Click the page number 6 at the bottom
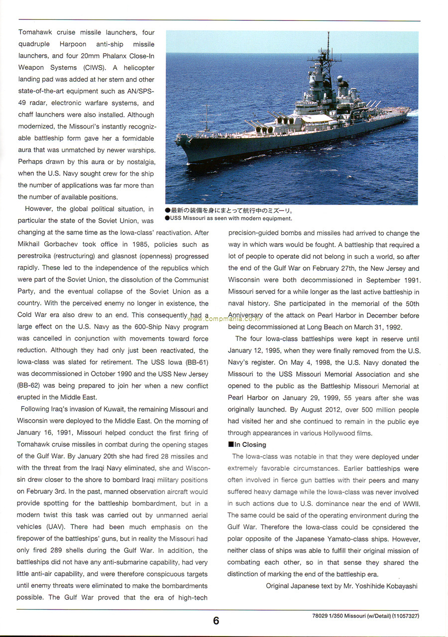pos(216,621)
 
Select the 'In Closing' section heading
pos(247,445)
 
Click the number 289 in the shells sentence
pos(58,550)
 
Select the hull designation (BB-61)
pos(197,362)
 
